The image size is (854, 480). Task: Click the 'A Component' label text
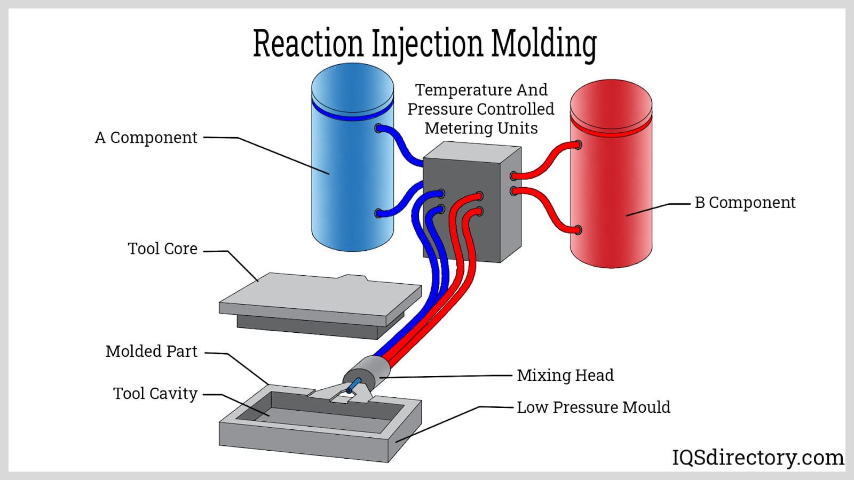(146, 138)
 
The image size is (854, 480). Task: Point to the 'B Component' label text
(745, 203)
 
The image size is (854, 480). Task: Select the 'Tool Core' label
(162, 249)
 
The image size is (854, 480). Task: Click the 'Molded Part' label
(151, 351)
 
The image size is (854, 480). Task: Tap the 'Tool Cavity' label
(155, 394)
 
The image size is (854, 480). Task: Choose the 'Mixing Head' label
(565, 375)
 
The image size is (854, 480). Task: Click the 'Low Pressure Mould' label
(593, 407)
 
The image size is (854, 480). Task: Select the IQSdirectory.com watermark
(757, 457)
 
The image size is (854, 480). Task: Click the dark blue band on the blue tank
(352, 114)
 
